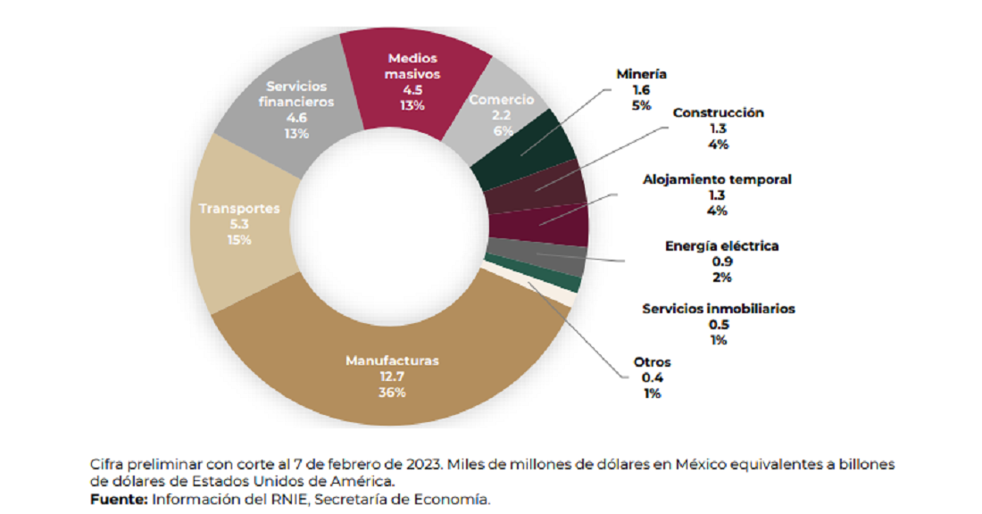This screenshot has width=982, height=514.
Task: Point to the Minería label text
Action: [x=642, y=75]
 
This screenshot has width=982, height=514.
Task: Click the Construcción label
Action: [x=719, y=113]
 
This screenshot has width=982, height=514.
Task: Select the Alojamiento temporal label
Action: [x=717, y=179]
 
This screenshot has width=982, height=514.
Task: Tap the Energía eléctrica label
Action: [x=722, y=245]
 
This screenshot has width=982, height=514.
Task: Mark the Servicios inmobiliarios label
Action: [x=719, y=309]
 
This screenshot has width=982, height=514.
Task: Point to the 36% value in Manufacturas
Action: [x=393, y=393]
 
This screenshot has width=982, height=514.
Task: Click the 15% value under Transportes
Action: [x=239, y=240]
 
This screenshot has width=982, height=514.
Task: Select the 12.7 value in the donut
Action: [x=393, y=377]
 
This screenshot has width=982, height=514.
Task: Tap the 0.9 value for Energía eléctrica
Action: [x=722, y=261]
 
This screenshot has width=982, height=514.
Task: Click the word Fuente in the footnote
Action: [x=118, y=500]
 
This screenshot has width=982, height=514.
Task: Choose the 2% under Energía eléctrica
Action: [x=722, y=278]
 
